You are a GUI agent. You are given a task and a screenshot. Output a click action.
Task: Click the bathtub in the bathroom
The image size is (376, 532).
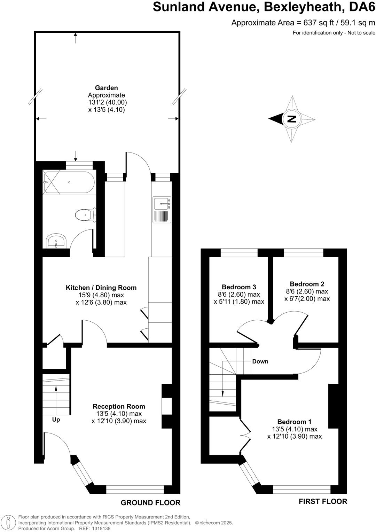point(69,182)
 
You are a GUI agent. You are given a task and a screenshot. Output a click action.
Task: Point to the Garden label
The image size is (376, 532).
point(107,88)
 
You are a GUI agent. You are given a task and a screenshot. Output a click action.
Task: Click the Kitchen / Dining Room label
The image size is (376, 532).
point(101,288)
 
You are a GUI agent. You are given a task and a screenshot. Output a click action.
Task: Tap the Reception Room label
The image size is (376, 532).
point(119,406)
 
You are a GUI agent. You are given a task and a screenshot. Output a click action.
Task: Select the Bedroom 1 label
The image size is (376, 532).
point(295,422)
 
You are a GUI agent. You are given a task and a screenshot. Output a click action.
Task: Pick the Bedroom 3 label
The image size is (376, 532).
point(239,287)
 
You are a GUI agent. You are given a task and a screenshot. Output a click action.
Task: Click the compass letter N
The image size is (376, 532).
point(291,119)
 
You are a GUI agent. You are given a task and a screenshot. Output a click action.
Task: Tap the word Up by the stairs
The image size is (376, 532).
point(56,420)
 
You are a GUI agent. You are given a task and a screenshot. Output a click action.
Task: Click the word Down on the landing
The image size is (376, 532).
point(260,361)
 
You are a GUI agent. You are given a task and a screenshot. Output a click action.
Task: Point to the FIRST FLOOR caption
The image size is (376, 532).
point(323,501)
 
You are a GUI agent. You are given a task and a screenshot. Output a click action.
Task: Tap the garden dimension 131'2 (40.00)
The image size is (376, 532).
point(107,102)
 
